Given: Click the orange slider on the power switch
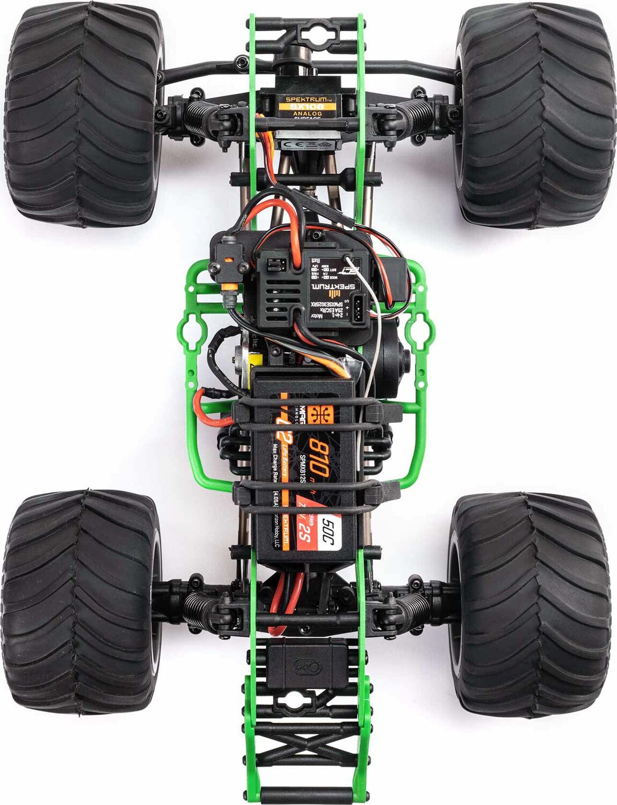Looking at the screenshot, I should pyautogui.click(x=229, y=261).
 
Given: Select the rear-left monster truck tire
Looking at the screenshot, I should pyautogui.click(x=81, y=601).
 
